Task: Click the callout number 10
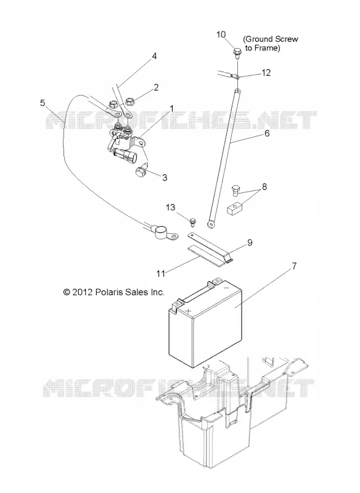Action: click(221, 35)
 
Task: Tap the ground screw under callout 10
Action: click(237, 52)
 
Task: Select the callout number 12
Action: click(266, 73)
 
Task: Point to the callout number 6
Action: click(267, 133)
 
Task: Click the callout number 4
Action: click(154, 56)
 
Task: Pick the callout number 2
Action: click(156, 88)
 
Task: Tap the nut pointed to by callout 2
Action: click(129, 102)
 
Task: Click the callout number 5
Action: click(43, 103)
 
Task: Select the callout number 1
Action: click(171, 108)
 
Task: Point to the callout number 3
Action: click(165, 177)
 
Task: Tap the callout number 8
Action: click(264, 187)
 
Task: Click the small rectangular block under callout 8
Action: click(234, 208)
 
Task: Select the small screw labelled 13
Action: click(193, 222)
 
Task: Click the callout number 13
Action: click(171, 208)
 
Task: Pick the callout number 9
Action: click(250, 242)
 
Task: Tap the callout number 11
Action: click(161, 274)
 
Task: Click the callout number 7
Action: click(294, 266)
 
